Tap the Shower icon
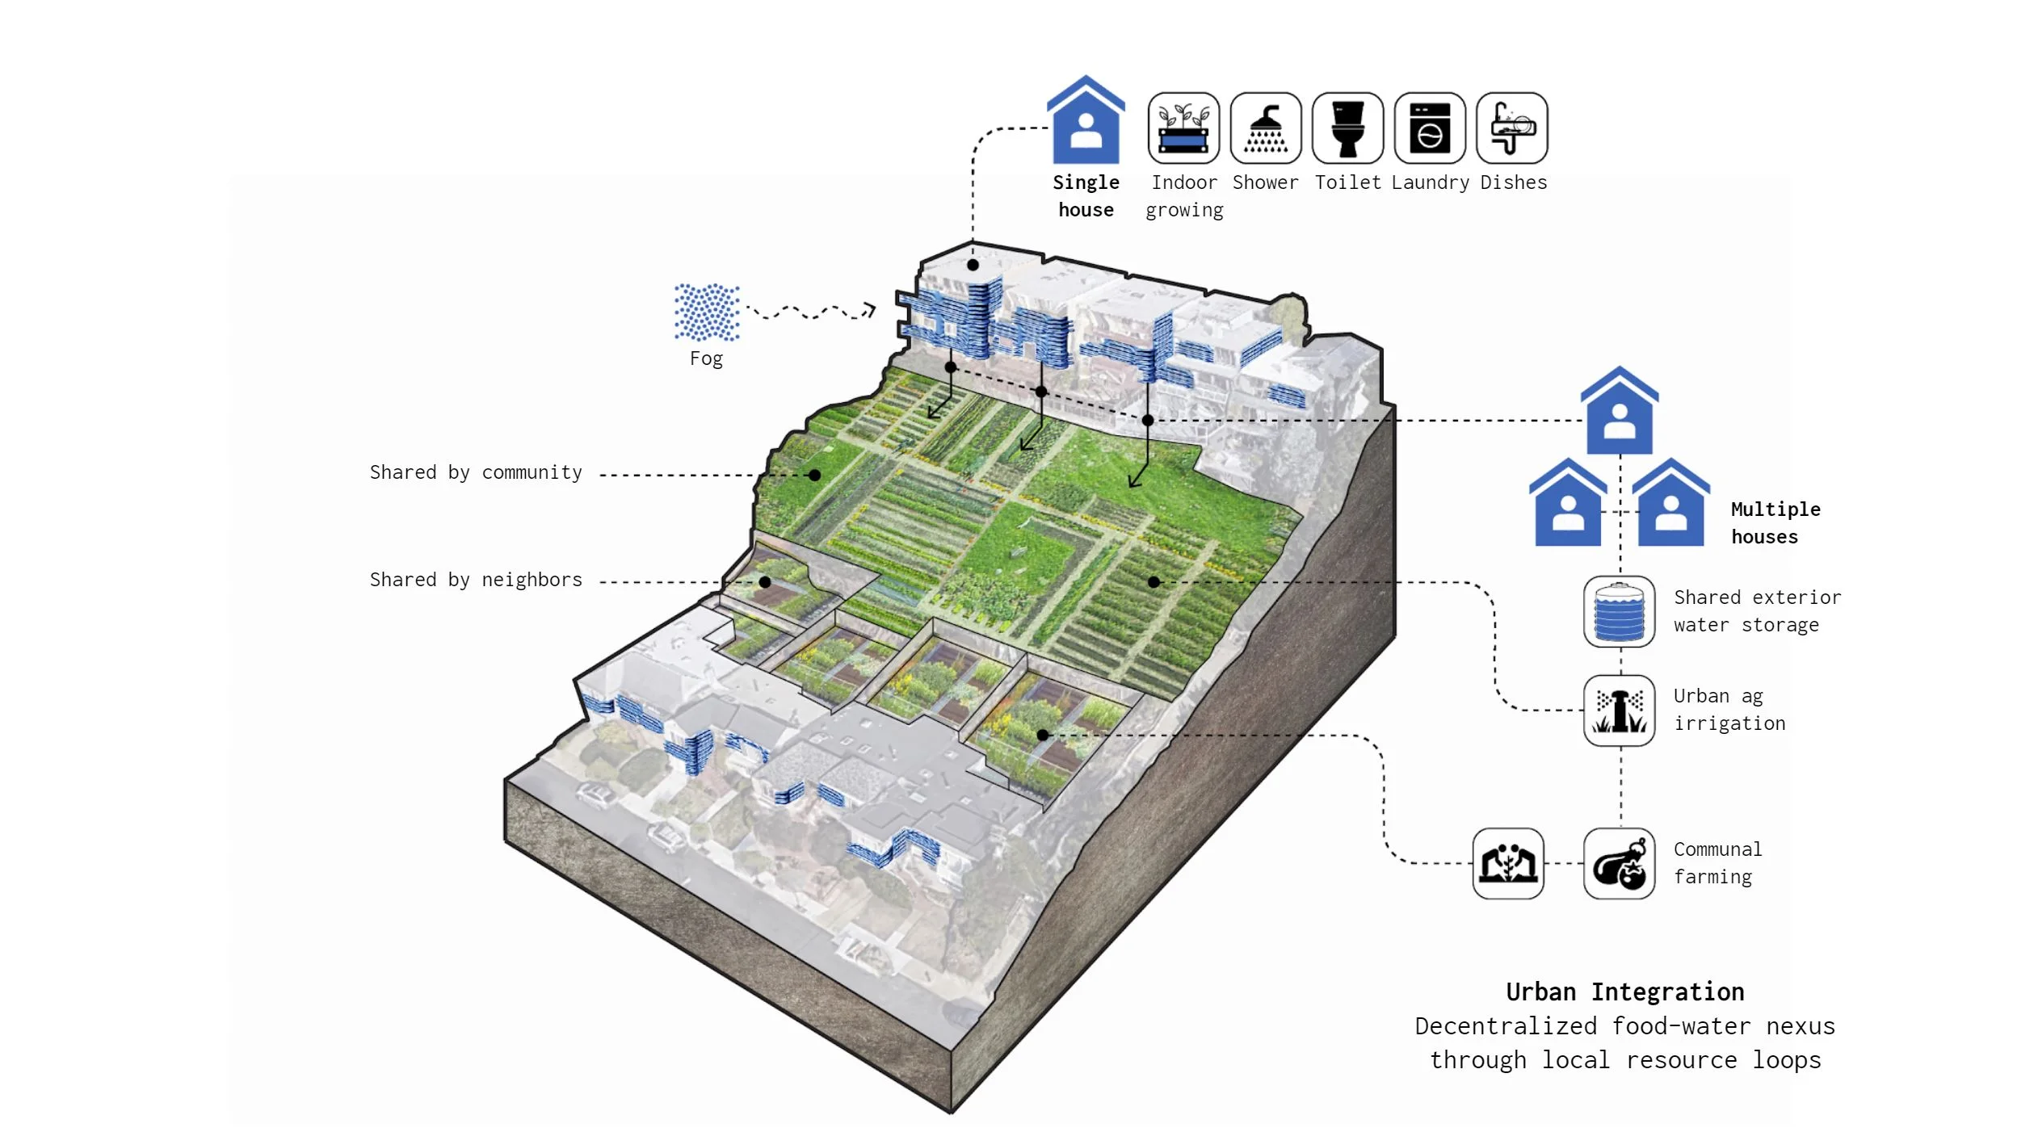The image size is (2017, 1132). [1265, 128]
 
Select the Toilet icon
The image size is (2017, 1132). [1347, 128]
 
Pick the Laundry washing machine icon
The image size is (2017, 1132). [1429, 128]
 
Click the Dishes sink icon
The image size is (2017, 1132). [1511, 128]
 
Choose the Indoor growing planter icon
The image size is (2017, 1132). [1183, 128]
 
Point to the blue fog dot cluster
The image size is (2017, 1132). [707, 312]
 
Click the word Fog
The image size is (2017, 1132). [706, 358]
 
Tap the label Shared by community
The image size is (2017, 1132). [476, 472]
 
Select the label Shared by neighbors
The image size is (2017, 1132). [476, 580]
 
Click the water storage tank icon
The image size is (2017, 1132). [1619, 611]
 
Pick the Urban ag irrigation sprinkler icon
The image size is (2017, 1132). [1619, 711]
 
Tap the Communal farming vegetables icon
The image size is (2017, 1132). [1619, 863]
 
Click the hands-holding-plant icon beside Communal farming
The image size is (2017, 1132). [1507, 863]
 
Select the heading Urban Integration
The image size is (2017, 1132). [1624, 992]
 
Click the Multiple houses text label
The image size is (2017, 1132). [1775, 523]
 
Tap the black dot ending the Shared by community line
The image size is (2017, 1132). [815, 476]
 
